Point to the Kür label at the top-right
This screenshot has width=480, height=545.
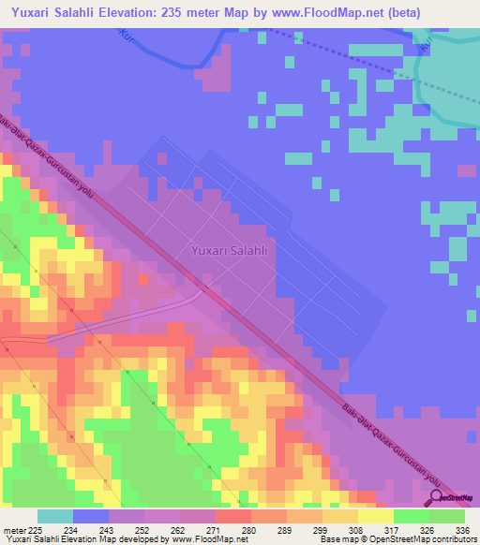(427, 42)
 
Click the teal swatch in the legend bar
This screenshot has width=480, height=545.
(55, 516)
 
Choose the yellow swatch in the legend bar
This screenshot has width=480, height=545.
(376, 516)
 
